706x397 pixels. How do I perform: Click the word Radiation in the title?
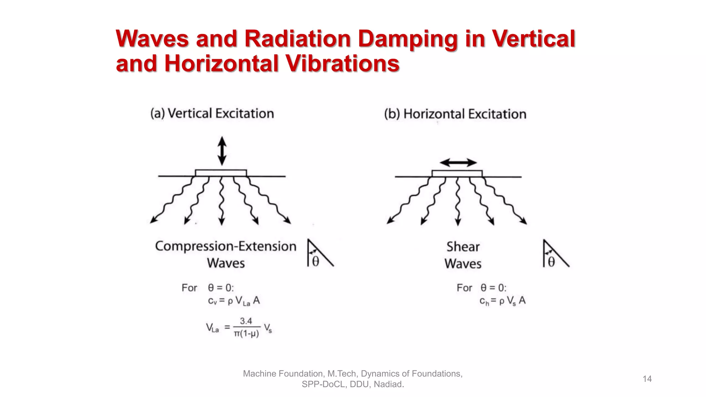coord(297,38)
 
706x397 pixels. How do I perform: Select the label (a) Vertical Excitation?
coord(212,113)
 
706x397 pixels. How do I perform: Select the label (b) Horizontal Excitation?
coord(455,114)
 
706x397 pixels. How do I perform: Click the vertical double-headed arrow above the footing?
coord(222,151)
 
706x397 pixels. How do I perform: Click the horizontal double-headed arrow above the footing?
coord(458,163)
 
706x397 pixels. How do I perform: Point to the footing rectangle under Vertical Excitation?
coord(221,173)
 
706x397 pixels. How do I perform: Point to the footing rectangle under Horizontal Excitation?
coord(457,174)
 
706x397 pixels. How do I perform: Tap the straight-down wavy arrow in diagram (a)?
coord(222,202)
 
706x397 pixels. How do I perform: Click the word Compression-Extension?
coord(226,246)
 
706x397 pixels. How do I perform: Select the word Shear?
coord(463,247)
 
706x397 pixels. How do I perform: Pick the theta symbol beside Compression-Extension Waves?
coord(315,262)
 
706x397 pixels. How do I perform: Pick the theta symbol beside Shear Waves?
coord(551,262)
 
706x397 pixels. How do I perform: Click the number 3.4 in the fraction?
coord(246,321)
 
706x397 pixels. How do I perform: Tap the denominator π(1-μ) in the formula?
coord(246,334)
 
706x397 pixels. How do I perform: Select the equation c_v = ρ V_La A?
coord(234,301)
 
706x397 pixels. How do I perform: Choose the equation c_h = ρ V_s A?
coord(502,301)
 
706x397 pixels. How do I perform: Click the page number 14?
coord(647,379)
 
